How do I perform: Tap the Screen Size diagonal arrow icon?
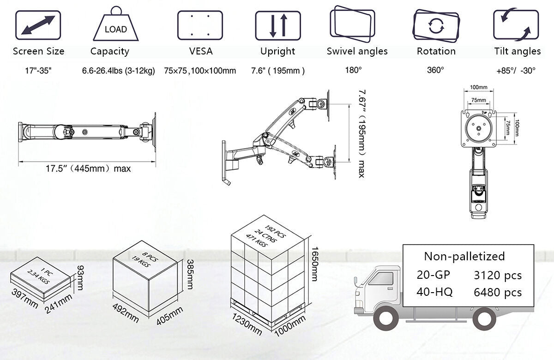[x=38, y=25]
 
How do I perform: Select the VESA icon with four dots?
[x=200, y=25]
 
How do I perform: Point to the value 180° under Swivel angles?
[x=353, y=71]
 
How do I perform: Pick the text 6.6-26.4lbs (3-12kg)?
[x=118, y=71]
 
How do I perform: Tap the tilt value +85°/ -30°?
[x=516, y=71]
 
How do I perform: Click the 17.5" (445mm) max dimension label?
[x=88, y=168]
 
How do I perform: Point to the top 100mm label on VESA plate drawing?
[x=479, y=87]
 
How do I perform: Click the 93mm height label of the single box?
[x=80, y=277]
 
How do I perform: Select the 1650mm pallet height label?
[x=314, y=263]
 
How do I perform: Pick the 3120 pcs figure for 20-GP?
[x=498, y=276]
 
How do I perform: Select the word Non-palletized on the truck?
[x=464, y=256]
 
